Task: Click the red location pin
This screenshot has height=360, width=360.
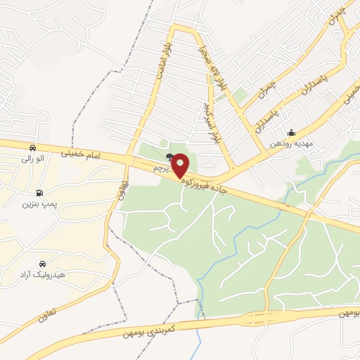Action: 180,166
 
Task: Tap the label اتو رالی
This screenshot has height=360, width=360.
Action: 32,159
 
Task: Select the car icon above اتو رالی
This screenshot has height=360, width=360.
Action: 32,148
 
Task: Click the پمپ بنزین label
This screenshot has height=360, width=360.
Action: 38,204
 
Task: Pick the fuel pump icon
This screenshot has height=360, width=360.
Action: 38,193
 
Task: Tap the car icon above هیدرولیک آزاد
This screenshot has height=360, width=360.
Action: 44,262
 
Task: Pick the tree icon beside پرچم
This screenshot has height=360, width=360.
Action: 169,157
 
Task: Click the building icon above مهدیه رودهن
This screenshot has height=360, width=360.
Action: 291,133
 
